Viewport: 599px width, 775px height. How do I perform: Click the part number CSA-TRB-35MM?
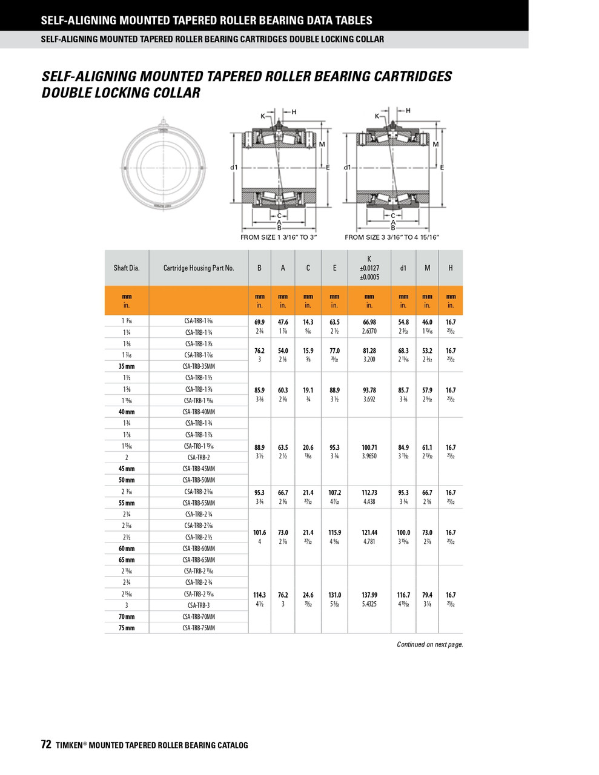199,366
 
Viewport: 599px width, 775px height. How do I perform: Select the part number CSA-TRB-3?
199,605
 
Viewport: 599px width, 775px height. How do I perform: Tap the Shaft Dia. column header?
127,268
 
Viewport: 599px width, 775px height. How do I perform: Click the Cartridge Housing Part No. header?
199,268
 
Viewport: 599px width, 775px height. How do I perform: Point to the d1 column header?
403,268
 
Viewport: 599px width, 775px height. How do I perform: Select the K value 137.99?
369,595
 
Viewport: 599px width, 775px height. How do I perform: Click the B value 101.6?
259,533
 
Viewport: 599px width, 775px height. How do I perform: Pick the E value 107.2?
334,493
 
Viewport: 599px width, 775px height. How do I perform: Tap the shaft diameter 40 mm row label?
127,412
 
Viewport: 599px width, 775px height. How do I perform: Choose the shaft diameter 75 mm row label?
127,628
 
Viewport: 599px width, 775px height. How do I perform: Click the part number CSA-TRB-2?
199,457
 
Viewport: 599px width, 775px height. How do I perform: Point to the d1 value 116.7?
403,595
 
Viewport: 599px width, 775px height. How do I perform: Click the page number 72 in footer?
46,745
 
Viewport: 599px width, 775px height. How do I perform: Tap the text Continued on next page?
429,644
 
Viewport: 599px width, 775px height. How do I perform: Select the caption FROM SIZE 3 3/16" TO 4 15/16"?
391,237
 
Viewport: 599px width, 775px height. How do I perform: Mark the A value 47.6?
283,323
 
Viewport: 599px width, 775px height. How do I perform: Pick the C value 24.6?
308,595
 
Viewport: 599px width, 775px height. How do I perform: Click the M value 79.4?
427,595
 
